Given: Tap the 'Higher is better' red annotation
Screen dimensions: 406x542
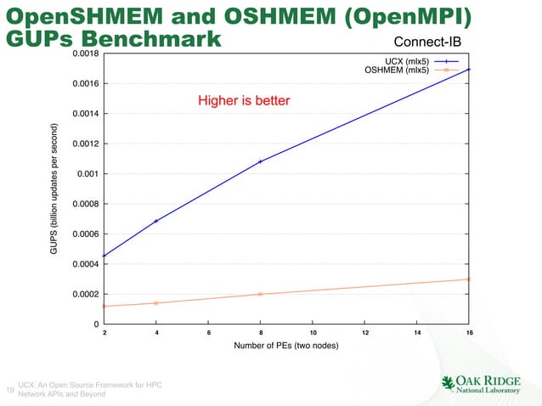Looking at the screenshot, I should (x=244, y=101).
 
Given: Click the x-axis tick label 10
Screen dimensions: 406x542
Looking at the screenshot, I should (x=313, y=333).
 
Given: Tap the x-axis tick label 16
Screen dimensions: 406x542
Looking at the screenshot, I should (x=469, y=333).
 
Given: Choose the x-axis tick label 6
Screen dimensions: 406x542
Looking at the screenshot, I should (x=209, y=333).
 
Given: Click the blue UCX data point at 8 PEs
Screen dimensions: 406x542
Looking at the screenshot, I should (x=261, y=161).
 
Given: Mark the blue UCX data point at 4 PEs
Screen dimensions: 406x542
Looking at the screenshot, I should (x=156, y=221).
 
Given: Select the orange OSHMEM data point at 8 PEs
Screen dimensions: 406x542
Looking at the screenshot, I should (x=261, y=294).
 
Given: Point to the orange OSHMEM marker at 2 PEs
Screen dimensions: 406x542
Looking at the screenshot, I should (x=104, y=306).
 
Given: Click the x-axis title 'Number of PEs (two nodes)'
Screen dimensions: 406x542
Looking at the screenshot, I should (x=286, y=348).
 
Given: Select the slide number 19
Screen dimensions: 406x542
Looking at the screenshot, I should (x=9, y=390).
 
